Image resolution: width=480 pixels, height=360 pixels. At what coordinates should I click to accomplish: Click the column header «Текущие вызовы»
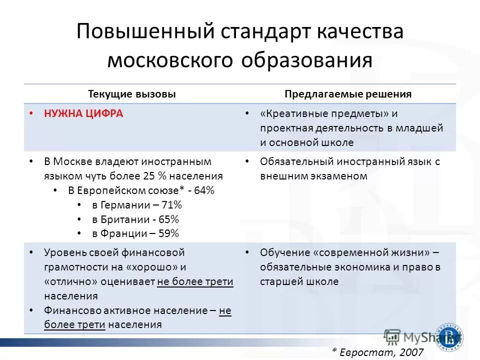pyautogui.click(x=132, y=94)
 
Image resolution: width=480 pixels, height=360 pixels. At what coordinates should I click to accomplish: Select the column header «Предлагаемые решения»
pyautogui.click(x=348, y=94)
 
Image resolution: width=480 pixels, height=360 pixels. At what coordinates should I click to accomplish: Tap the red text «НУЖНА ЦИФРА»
pyautogui.click(x=83, y=113)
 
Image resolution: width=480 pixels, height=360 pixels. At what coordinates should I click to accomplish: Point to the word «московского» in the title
pyautogui.click(x=170, y=60)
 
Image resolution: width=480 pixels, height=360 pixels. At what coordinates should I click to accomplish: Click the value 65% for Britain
pyautogui.click(x=168, y=219)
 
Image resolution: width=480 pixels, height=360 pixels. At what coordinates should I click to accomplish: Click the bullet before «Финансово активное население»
pyautogui.click(x=32, y=310)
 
